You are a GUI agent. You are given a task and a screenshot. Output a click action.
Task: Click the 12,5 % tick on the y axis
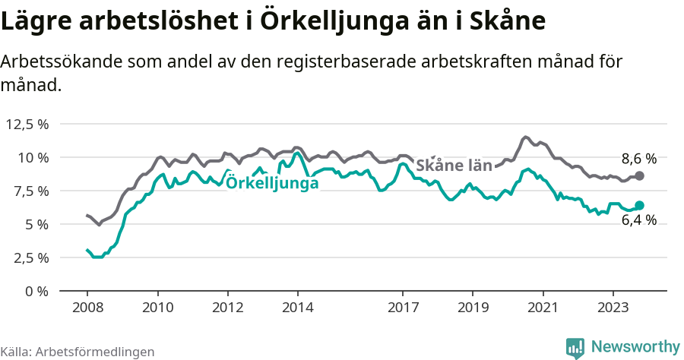click(28, 124)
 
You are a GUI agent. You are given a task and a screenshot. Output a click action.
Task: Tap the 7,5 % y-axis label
click(28, 191)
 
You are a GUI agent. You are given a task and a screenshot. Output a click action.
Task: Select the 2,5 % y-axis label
click(28, 257)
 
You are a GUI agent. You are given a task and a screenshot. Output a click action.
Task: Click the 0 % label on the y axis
click(37, 291)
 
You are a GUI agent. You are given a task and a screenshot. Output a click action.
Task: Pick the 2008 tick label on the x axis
click(87, 308)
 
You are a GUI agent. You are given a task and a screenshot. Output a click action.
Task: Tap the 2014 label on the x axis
click(298, 308)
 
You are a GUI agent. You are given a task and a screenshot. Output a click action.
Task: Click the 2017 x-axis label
click(403, 308)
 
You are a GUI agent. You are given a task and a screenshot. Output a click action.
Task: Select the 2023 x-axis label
click(613, 308)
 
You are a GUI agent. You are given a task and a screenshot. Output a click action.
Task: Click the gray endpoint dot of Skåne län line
click(639, 175)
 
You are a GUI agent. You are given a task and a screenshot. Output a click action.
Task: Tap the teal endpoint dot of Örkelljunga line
click(639, 205)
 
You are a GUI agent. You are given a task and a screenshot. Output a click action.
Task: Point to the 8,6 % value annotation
click(638, 159)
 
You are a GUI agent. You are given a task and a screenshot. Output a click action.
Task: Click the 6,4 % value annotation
click(638, 220)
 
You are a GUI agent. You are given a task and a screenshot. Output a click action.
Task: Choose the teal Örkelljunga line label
click(272, 182)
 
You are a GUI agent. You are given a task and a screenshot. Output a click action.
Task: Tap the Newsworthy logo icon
click(575, 348)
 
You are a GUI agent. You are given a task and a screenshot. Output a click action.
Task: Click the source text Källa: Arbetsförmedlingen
click(78, 352)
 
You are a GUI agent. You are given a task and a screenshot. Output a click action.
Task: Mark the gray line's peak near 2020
click(525, 137)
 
